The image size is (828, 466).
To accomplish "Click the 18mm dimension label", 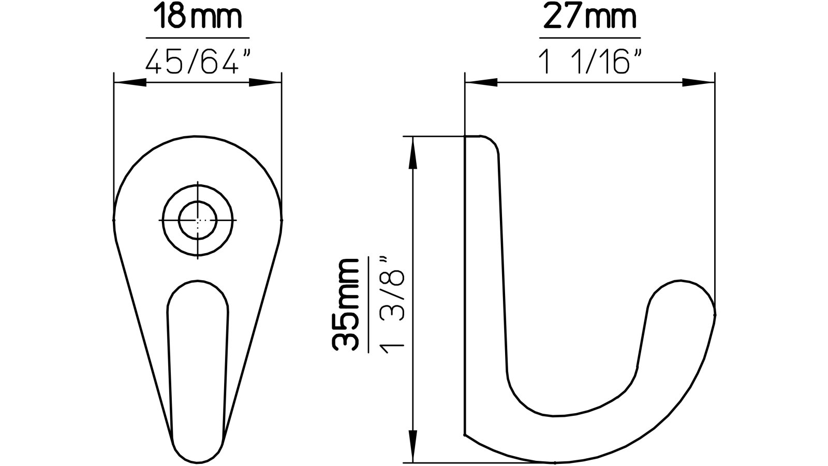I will tap(198, 18).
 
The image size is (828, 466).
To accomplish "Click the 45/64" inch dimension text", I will tap(198, 63).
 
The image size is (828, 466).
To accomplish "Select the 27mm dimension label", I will tap(589, 18).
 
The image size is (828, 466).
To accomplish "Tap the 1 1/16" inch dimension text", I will tap(589, 63).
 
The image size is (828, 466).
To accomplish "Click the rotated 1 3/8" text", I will tap(391, 305).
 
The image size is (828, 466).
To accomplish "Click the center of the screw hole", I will tap(198, 220).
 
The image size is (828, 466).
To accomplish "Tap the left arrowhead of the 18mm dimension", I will tap(129, 82).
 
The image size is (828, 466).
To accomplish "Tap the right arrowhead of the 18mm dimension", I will tap(265, 82).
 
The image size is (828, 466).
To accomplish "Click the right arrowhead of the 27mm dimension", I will tap(699, 82).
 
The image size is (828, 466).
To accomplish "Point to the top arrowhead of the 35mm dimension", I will tap(412, 153).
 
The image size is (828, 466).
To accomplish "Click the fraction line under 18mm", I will tap(198, 38).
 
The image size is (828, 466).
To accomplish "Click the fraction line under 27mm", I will tap(589, 38).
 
